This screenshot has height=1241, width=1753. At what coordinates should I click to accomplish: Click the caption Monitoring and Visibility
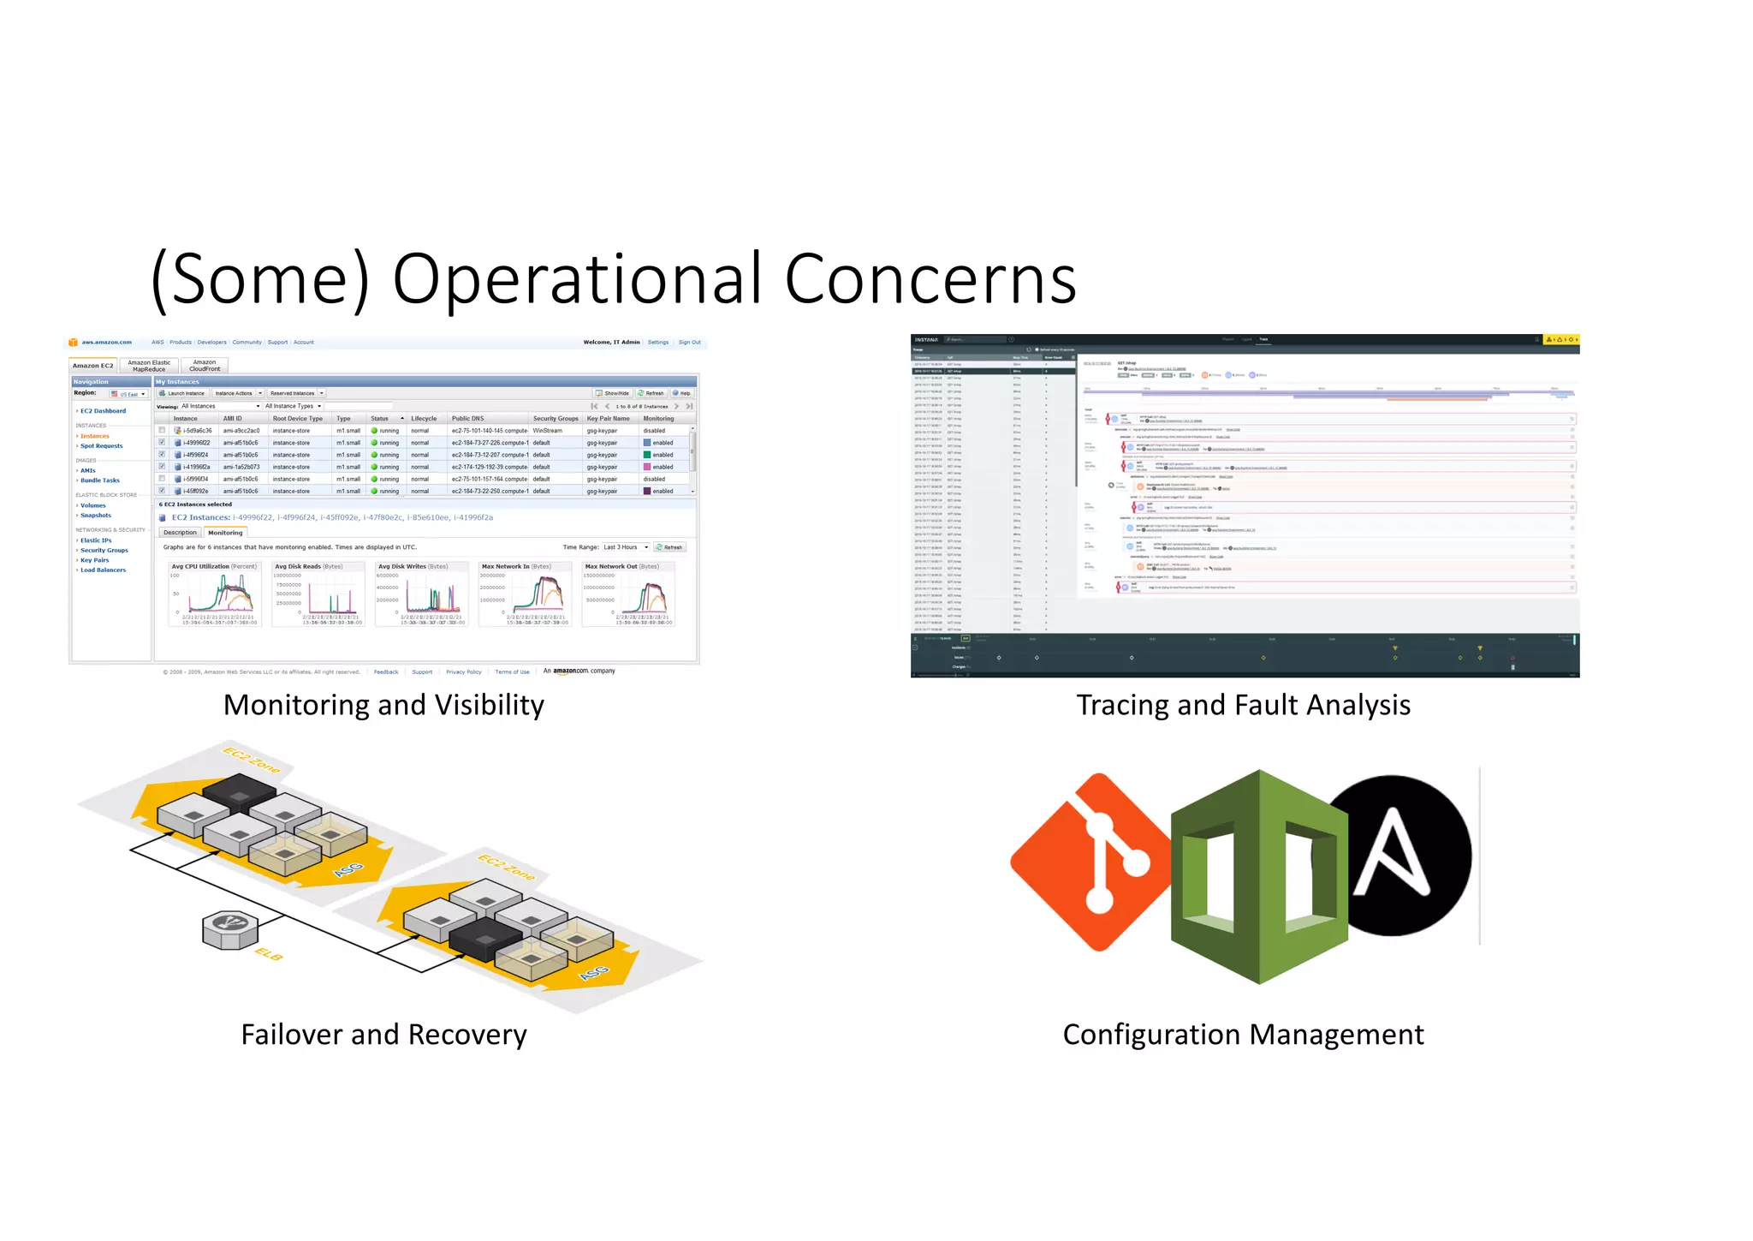point(383,705)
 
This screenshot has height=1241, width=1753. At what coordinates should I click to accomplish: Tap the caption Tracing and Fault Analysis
point(1243,705)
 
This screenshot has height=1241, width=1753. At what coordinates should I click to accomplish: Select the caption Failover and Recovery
point(383,1035)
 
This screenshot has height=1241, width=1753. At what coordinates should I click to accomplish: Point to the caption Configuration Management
point(1243,1035)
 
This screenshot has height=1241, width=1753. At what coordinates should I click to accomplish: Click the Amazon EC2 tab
point(92,366)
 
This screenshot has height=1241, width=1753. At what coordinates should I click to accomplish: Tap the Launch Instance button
point(182,393)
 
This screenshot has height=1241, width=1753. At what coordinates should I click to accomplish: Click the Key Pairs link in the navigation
point(94,560)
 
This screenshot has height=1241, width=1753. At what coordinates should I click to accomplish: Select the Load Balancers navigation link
point(103,570)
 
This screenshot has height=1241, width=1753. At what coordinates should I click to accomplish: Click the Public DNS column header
point(467,419)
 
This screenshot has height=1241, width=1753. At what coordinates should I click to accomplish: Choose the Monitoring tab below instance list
point(225,533)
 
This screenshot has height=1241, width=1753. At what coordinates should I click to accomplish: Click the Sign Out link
point(689,343)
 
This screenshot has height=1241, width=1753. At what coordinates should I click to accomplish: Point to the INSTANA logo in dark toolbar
point(926,340)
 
